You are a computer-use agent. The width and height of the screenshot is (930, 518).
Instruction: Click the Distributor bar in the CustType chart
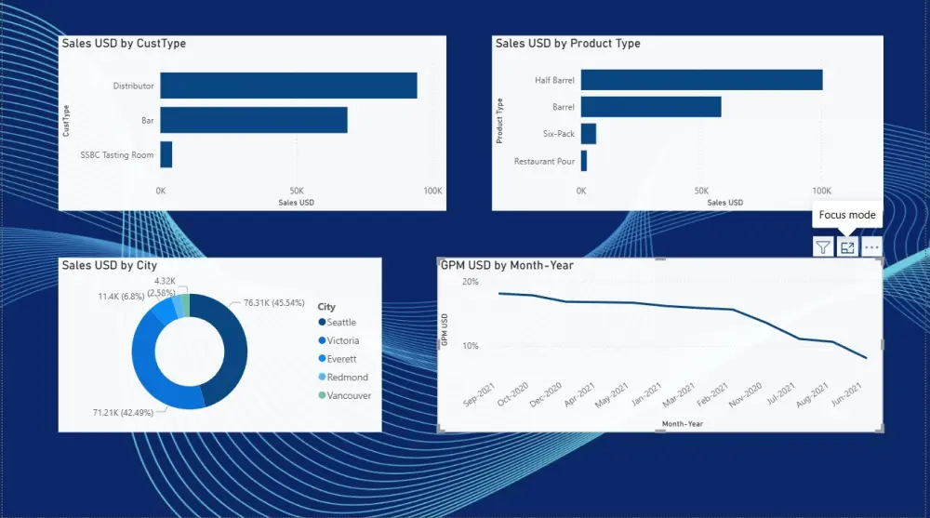tap(288, 86)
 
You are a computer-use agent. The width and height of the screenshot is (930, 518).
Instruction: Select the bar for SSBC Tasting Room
tap(166, 154)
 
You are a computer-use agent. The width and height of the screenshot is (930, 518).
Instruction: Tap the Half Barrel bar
tap(701, 80)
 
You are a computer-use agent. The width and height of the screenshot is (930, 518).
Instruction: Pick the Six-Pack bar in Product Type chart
tap(588, 134)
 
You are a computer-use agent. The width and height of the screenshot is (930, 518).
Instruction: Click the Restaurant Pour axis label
tap(544, 162)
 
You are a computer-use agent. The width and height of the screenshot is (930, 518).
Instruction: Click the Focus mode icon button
tap(847, 246)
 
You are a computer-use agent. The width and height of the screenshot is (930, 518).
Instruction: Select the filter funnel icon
tap(823, 246)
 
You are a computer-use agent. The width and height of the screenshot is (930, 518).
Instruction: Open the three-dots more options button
tap(871, 246)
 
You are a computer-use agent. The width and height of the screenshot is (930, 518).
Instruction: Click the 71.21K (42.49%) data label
tap(125, 412)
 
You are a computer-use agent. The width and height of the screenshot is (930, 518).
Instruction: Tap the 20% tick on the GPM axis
tap(470, 282)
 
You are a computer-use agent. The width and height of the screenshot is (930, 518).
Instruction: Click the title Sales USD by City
tap(109, 266)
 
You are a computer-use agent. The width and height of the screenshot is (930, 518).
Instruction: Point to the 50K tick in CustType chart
tap(296, 191)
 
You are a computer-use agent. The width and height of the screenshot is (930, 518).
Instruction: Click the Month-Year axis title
tap(682, 423)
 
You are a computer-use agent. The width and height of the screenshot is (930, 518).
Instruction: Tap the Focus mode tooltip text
tap(846, 214)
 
